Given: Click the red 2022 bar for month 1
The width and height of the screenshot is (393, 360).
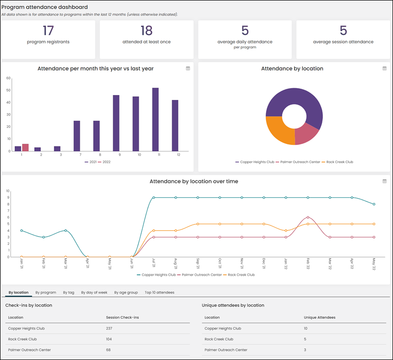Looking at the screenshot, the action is pyautogui.click(x=25, y=147).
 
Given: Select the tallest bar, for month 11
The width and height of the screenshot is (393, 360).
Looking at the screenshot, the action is pyautogui.click(x=155, y=120).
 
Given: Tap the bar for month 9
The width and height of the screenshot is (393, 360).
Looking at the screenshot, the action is pyautogui.click(x=116, y=123).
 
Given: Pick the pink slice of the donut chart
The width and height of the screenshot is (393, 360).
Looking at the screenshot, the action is pyautogui.click(x=306, y=135).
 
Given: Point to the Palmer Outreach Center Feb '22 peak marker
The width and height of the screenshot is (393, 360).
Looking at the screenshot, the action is pyautogui.click(x=308, y=217).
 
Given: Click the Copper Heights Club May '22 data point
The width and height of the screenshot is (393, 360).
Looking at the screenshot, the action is pyautogui.click(x=374, y=204).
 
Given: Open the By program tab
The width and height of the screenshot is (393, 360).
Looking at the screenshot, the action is pyautogui.click(x=46, y=292).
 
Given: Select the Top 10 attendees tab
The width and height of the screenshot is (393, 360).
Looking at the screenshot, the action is pyautogui.click(x=159, y=292).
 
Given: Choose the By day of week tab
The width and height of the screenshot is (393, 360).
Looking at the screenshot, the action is pyautogui.click(x=94, y=292).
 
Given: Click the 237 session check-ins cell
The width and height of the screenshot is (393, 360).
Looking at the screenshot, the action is pyautogui.click(x=109, y=328).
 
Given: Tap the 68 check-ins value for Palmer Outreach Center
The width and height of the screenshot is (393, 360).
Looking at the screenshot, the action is pyautogui.click(x=108, y=350).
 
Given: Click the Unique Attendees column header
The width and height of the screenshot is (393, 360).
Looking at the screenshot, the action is pyautogui.click(x=319, y=317).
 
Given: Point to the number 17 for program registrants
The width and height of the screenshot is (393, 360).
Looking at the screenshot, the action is pyautogui.click(x=48, y=30).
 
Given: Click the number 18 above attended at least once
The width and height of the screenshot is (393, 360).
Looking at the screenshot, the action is pyautogui.click(x=147, y=30).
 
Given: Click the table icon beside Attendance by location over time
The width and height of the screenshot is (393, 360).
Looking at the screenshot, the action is pyautogui.click(x=385, y=181).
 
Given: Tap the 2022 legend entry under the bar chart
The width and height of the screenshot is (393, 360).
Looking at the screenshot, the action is pyautogui.click(x=104, y=162).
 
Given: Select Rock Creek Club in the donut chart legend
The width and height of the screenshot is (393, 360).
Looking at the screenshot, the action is pyautogui.click(x=337, y=162).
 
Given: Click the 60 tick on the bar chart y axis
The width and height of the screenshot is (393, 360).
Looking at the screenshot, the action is pyautogui.click(x=8, y=78).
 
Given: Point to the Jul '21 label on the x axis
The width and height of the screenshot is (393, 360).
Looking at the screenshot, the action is pyautogui.click(x=154, y=264).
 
